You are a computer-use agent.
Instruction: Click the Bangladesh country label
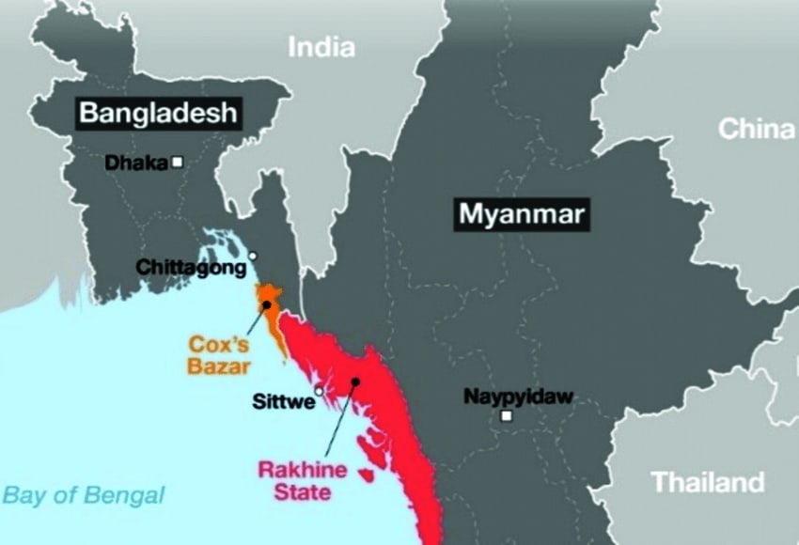[156, 114]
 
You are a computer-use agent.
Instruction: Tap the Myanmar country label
[521, 214]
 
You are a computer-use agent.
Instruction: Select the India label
[321, 46]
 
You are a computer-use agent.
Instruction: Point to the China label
[756, 130]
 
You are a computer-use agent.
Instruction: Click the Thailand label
[708, 483]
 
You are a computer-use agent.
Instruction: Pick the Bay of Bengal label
[83, 495]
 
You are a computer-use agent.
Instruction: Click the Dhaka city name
[135, 163]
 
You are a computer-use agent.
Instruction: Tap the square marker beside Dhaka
[177, 162]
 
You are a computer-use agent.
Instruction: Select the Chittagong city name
[191, 268]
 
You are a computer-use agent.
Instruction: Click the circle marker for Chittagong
[252, 256]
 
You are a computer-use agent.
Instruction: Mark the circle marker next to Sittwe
[320, 391]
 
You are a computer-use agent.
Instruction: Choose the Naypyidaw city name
[518, 397]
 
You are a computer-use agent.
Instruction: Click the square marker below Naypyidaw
[507, 415]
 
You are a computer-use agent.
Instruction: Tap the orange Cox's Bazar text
[219, 354]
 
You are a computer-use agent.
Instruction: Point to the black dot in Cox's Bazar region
[267, 304]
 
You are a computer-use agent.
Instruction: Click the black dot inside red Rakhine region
[355, 381]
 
